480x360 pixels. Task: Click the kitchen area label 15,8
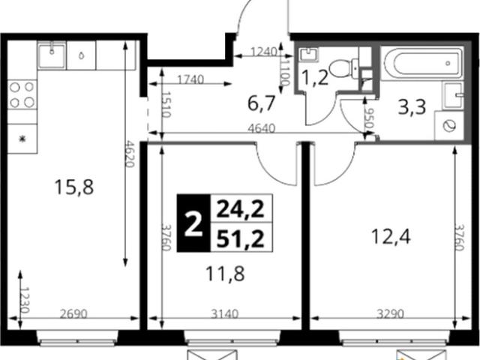coord(73,187)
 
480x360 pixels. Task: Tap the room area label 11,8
coord(225,274)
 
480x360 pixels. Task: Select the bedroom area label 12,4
coord(390,237)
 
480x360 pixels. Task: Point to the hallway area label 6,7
coord(262,103)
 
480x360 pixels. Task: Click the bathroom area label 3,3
coord(412,107)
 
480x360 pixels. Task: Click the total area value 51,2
coord(241,238)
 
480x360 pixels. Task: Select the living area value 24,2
coord(241,209)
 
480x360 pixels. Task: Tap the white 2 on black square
coord(193,223)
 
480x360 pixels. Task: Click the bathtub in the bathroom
coord(421,63)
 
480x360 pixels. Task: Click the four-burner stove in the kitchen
coord(22,94)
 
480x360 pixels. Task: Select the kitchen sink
coord(52,55)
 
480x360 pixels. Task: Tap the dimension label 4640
coord(262,128)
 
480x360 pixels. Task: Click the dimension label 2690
coord(73,313)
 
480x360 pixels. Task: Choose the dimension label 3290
coord(390,313)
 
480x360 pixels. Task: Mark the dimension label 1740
coord(190,79)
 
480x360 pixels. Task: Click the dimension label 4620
coord(130,154)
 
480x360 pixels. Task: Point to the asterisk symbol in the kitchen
coord(22,139)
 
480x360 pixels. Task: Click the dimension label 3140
coord(225,313)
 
